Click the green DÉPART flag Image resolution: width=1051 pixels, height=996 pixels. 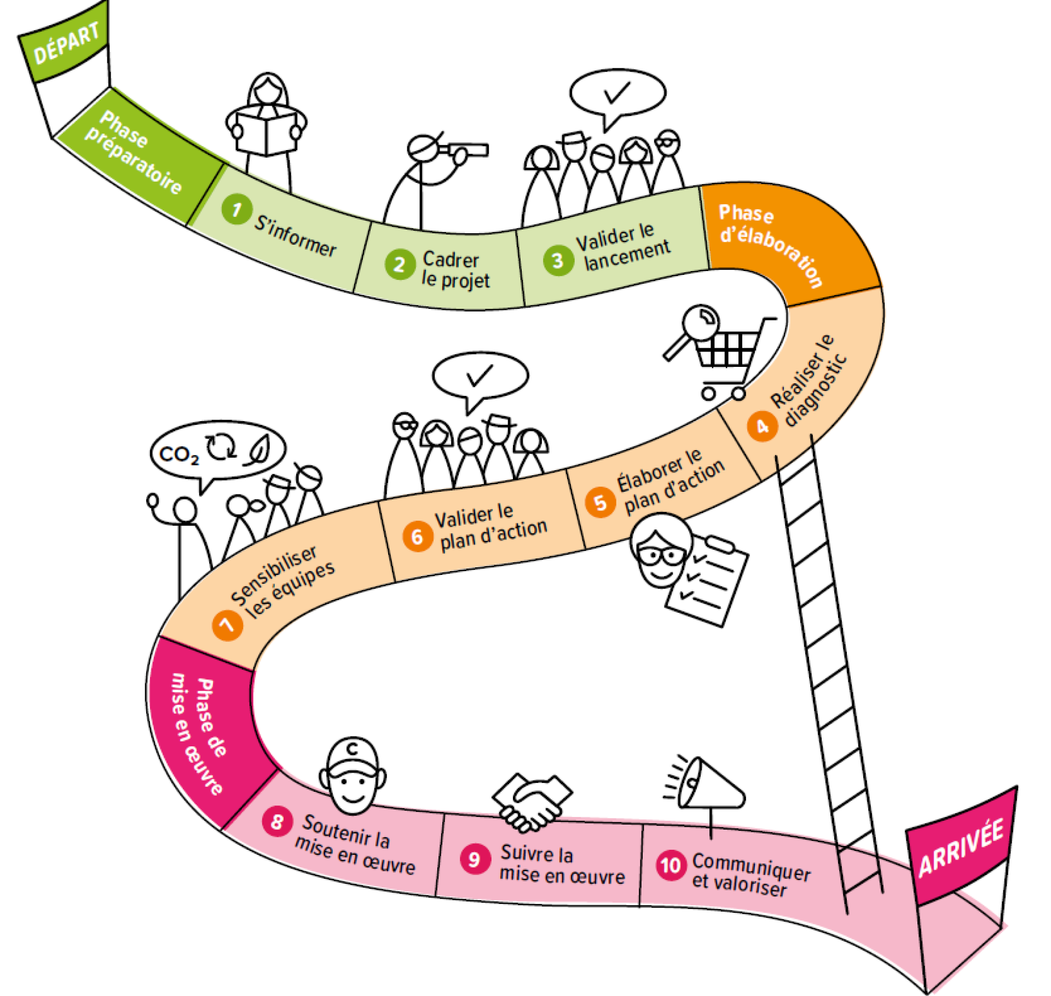65,48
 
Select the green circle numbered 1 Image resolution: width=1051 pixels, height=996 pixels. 236,209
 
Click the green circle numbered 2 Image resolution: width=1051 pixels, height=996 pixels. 400,264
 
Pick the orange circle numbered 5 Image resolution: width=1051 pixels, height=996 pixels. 600,502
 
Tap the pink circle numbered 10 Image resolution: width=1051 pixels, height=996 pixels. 670,865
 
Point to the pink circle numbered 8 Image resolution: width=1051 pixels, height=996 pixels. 277,821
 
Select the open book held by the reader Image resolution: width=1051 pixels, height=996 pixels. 266,131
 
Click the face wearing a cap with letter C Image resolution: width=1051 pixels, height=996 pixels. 353,776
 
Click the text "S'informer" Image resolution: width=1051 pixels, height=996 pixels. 295,237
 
